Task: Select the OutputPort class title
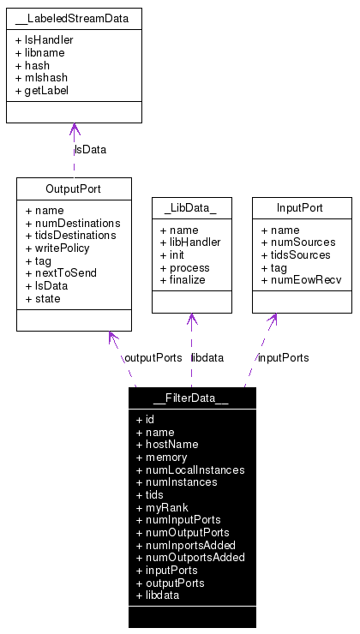74,188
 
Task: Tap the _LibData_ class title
191,207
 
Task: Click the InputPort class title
301,207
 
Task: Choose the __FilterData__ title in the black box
191,398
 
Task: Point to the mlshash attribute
42,77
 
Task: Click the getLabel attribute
42,90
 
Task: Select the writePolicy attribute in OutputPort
57,248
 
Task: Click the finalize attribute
183,279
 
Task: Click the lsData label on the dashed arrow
90,150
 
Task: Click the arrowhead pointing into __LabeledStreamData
75,130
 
